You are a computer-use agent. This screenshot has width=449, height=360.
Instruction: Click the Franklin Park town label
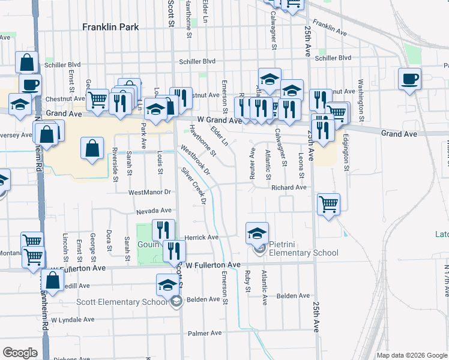(x=110, y=27)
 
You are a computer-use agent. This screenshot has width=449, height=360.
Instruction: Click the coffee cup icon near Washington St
(x=409, y=79)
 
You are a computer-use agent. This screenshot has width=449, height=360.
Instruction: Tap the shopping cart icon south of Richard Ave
(x=328, y=204)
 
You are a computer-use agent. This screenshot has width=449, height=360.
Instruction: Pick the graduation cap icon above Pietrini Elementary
(x=257, y=232)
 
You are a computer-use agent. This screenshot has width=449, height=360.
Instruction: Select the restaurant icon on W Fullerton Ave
(x=174, y=250)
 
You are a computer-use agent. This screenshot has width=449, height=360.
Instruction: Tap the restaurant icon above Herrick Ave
(x=163, y=229)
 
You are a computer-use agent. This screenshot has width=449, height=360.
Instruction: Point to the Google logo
(x=20, y=353)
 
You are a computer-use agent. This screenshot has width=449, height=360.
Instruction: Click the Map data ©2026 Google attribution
(x=412, y=355)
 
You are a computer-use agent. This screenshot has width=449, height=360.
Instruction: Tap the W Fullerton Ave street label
(x=213, y=265)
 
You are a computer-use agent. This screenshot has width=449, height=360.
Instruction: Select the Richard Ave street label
(x=289, y=188)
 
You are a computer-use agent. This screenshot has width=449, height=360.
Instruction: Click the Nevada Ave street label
(x=154, y=211)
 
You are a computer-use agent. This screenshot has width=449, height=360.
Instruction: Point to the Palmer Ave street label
(x=205, y=333)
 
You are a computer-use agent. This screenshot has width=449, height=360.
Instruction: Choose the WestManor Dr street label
(x=150, y=193)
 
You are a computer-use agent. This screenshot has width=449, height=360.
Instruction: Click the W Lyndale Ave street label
(x=74, y=320)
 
